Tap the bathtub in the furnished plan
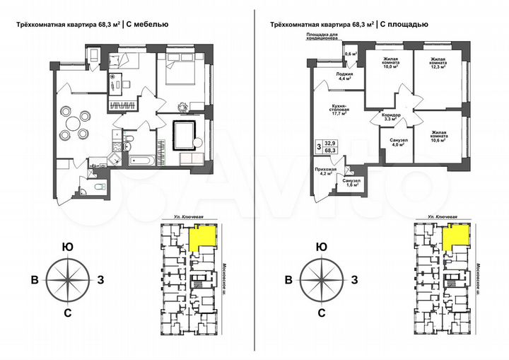pyautogui.click(x=139, y=162)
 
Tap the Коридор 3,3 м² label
pyautogui.click(x=391, y=117)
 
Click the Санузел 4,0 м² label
pyautogui.click(x=398, y=143)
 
